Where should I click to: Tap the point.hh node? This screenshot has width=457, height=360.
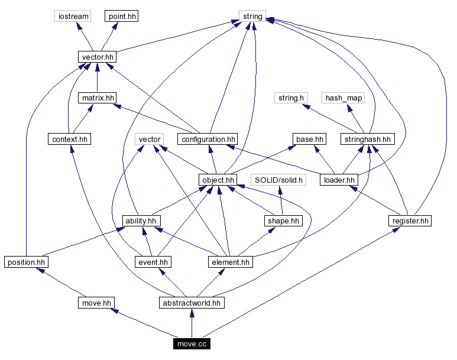click(122, 16)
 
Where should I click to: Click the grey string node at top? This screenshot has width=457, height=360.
click(252, 16)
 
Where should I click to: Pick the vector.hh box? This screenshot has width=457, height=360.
click(97, 57)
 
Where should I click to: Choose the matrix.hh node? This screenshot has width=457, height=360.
click(97, 98)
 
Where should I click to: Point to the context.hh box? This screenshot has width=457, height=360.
click(70, 139)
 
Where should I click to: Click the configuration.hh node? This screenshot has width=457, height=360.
click(208, 139)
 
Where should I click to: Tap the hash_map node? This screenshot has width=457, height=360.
click(343, 98)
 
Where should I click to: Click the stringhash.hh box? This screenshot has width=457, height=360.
click(367, 139)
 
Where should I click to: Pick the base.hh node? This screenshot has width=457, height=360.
click(310, 139)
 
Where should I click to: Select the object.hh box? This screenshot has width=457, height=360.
click(218, 180)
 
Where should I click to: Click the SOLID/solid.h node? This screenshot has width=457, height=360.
click(278, 180)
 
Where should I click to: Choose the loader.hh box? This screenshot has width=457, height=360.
click(339, 180)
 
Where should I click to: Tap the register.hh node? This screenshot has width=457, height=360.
click(410, 220)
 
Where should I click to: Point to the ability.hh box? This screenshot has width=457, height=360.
click(141, 220)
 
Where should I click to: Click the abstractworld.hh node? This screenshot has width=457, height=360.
click(191, 303)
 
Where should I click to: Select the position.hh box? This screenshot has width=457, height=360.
click(26, 261)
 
